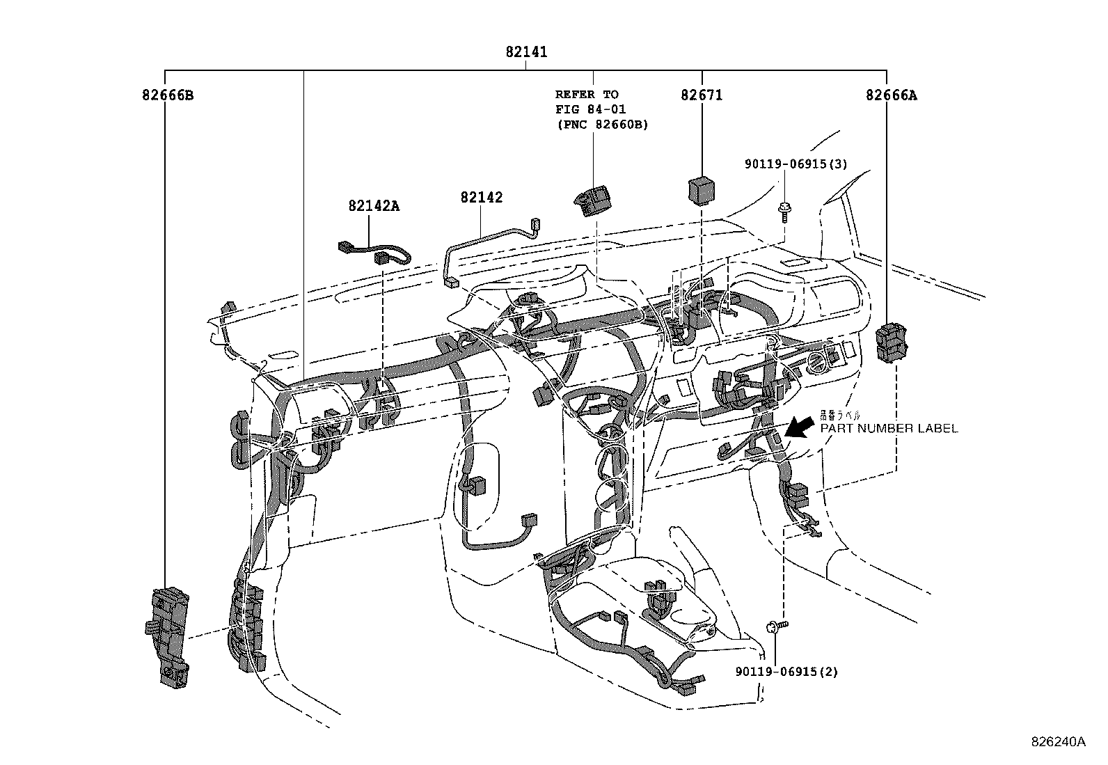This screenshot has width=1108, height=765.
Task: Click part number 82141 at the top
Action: pyautogui.click(x=526, y=52)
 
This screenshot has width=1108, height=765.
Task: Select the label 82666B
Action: pyautogui.click(x=168, y=95)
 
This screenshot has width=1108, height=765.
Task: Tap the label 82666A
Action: pyautogui.click(x=891, y=95)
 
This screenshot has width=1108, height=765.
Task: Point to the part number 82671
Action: pyautogui.click(x=702, y=95)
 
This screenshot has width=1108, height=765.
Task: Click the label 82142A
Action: pyautogui.click(x=374, y=206)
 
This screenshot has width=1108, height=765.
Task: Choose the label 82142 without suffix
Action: pyautogui.click(x=481, y=198)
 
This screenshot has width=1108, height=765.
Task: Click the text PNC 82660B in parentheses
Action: pyautogui.click(x=601, y=125)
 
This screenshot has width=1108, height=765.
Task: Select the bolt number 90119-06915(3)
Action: pyautogui.click(x=796, y=164)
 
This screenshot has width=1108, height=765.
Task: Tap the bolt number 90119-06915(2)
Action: pyautogui.click(x=786, y=672)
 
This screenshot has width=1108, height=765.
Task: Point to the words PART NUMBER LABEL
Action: pyautogui.click(x=888, y=429)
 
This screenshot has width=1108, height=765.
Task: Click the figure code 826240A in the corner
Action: pyautogui.click(x=1058, y=742)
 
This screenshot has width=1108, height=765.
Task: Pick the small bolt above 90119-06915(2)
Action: pyautogui.click(x=777, y=626)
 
